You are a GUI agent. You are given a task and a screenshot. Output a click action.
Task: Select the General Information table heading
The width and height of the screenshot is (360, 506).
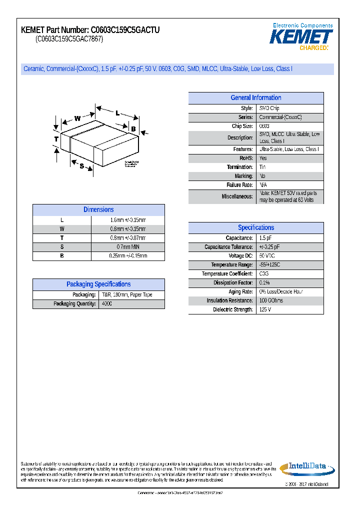click(x=255, y=98)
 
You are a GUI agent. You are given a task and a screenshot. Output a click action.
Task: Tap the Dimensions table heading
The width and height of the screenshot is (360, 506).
click(x=98, y=210)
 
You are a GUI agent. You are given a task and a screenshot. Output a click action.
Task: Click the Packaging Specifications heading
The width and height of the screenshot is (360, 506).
click(x=98, y=284)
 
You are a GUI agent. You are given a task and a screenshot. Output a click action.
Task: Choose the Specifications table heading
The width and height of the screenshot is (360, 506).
click(x=255, y=227)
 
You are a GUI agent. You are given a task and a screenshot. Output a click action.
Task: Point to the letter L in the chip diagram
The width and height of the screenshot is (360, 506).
click(x=117, y=113)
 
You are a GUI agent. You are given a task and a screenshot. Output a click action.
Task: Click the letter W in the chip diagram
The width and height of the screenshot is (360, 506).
click(x=77, y=118)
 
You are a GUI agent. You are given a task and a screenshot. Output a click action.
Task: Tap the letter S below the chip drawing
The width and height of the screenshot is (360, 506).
click(x=81, y=166)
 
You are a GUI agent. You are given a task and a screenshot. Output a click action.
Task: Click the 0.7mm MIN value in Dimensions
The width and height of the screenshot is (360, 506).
click(x=127, y=247)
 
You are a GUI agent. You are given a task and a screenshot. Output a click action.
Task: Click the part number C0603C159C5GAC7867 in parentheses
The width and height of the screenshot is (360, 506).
click(x=69, y=39)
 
